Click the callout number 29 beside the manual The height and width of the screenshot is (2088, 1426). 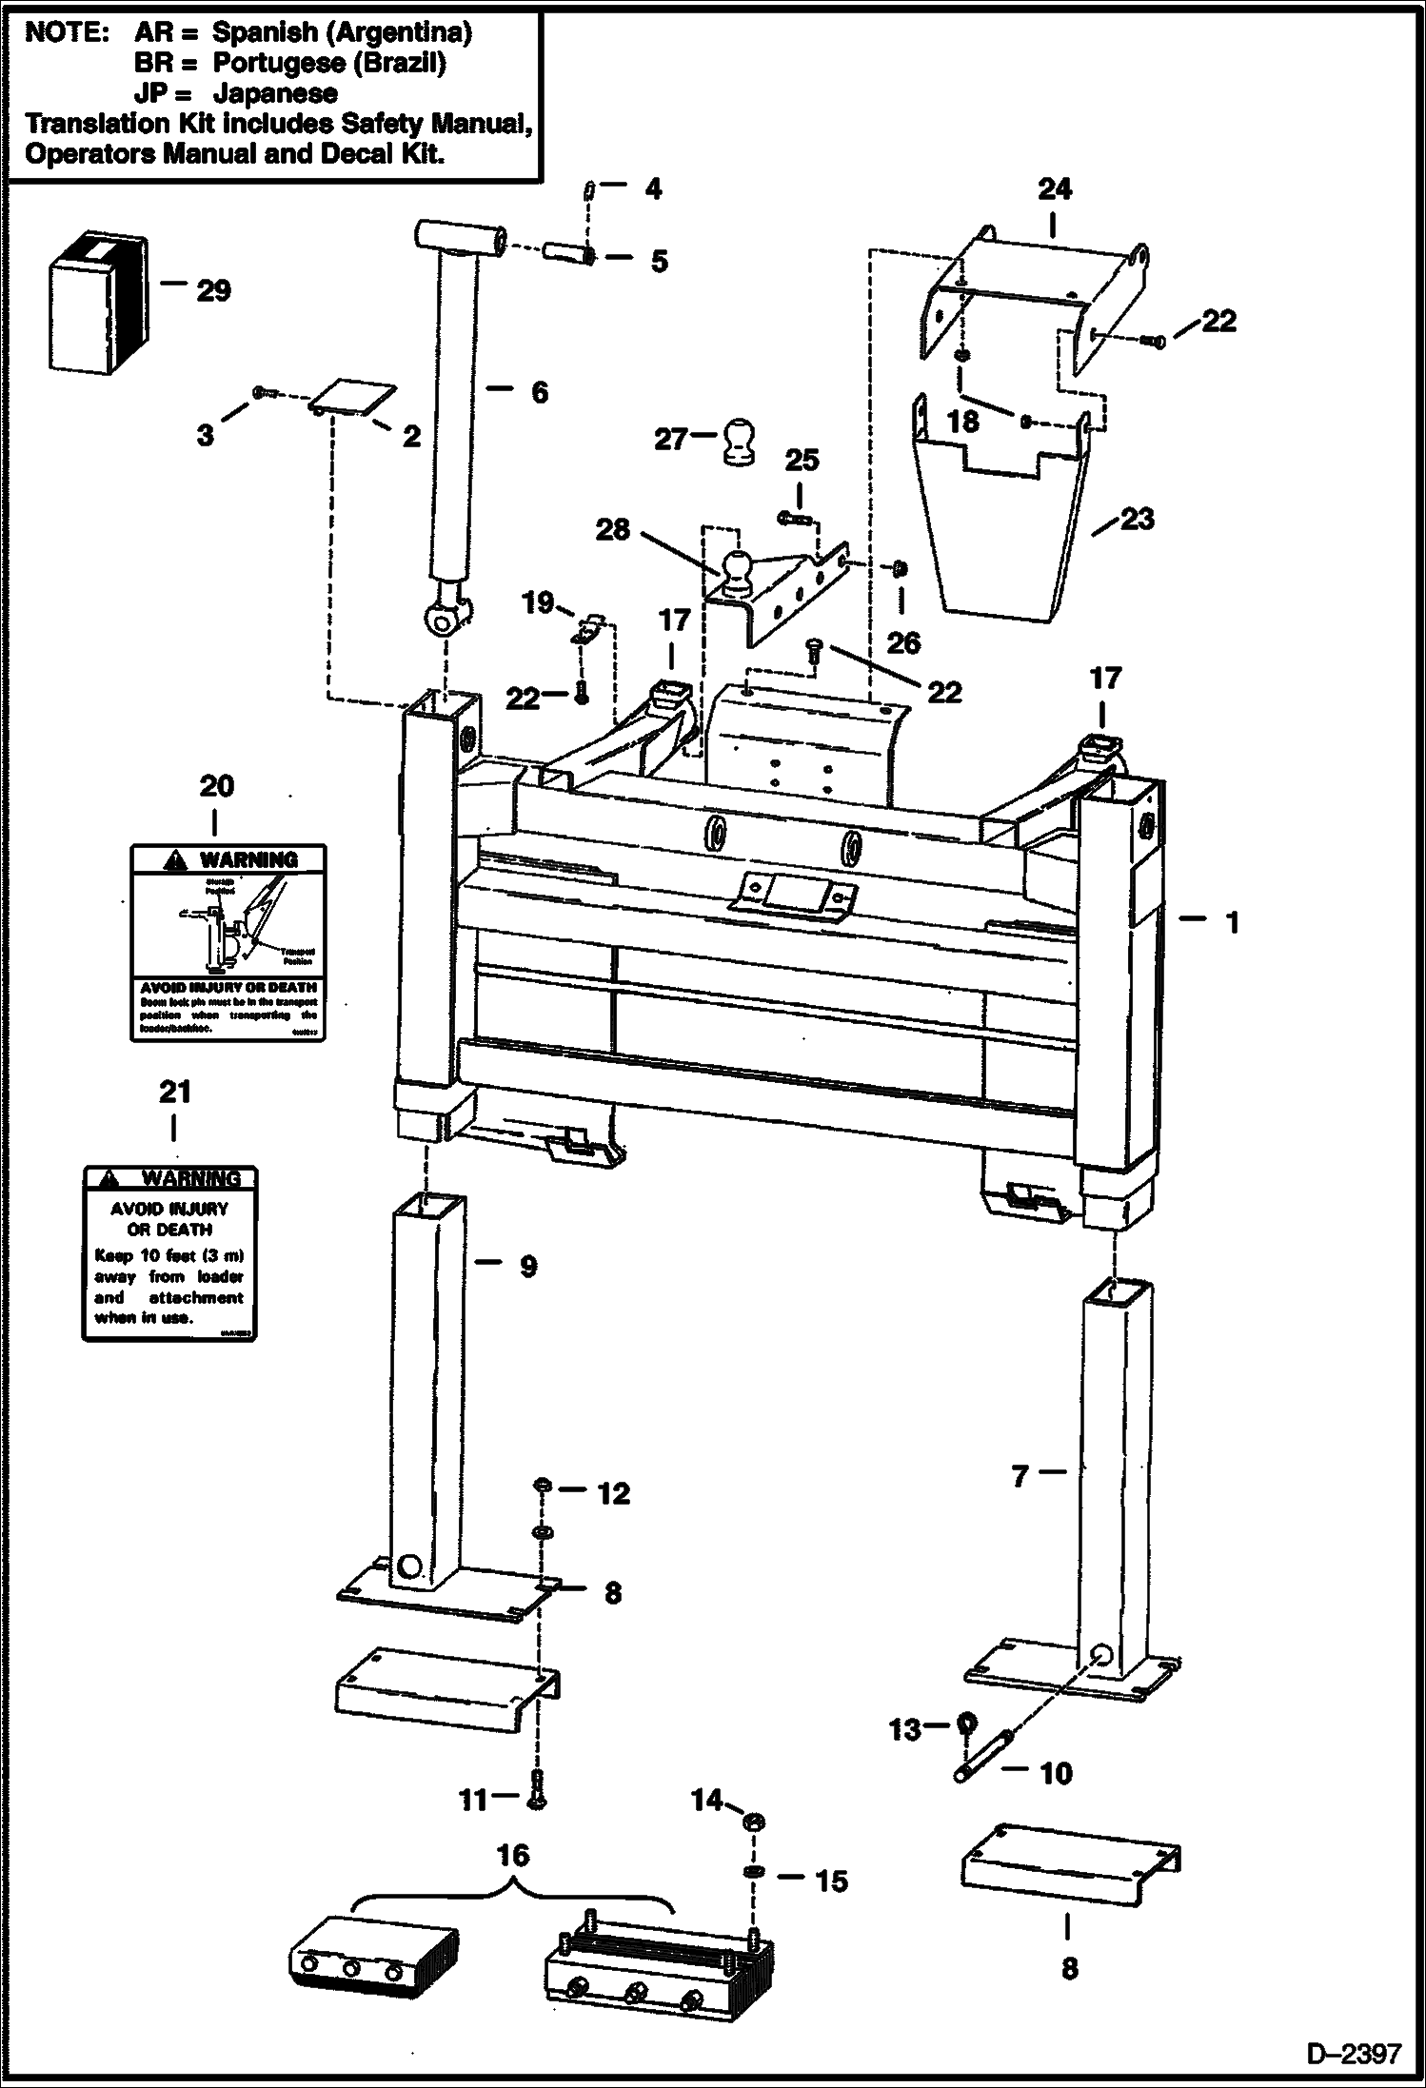(x=213, y=290)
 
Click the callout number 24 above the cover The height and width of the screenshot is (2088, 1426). (x=1054, y=188)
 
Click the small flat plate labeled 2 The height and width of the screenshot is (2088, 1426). (x=354, y=398)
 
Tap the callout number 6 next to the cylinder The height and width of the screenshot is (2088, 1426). (x=539, y=391)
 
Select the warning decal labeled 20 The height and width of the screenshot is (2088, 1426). (x=228, y=942)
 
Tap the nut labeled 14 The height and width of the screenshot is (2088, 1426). (x=751, y=1822)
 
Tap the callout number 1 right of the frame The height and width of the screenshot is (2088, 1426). (x=1232, y=921)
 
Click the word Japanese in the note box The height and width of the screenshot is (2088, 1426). (x=275, y=93)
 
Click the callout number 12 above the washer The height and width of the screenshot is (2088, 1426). (x=613, y=1493)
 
